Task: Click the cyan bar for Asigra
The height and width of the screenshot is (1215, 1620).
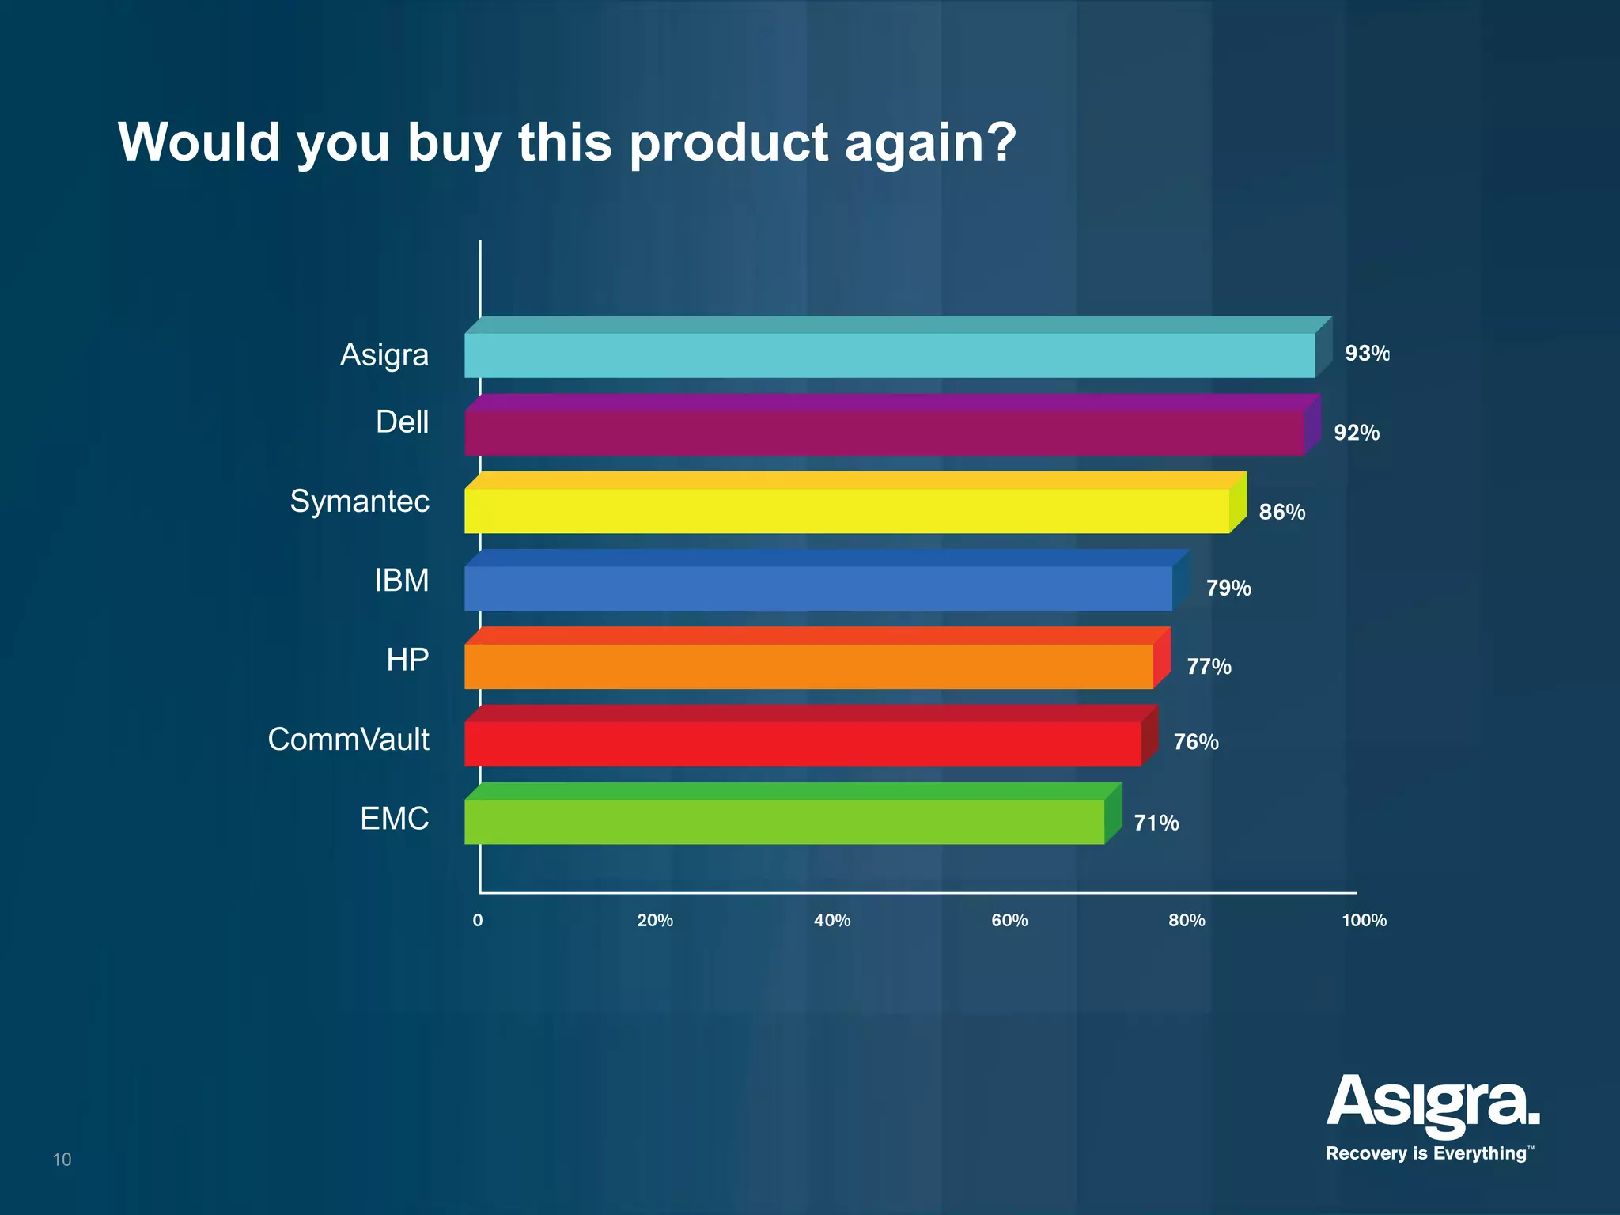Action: tap(889, 355)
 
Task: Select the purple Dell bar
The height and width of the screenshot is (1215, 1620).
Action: tap(884, 433)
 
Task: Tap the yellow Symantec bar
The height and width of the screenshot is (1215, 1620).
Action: tap(846, 510)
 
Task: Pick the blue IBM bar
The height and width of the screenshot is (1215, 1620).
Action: tap(818, 588)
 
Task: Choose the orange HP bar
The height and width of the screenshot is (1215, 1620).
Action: tap(808, 666)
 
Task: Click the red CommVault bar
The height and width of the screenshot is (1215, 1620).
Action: tap(802, 744)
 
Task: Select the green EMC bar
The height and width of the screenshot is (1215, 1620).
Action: tap(784, 821)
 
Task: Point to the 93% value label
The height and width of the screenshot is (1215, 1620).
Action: tap(1366, 354)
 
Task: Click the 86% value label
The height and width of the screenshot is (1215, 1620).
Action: tap(1281, 512)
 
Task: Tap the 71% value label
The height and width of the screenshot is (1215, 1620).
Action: tap(1156, 823)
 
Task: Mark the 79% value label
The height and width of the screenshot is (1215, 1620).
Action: tap(1228, 588)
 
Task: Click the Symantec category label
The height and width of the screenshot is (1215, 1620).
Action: tap(359, 502)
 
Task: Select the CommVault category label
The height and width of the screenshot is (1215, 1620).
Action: tap(348, 740)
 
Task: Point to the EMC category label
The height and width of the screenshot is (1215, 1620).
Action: tap(394, 819)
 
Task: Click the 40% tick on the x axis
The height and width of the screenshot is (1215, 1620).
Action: tap(832, 920)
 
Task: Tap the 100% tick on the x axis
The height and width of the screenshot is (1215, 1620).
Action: tap(1364, 920)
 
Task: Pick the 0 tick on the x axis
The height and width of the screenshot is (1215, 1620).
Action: tap(478, 920)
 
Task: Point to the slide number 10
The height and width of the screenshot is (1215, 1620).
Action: tap(62, 1160)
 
